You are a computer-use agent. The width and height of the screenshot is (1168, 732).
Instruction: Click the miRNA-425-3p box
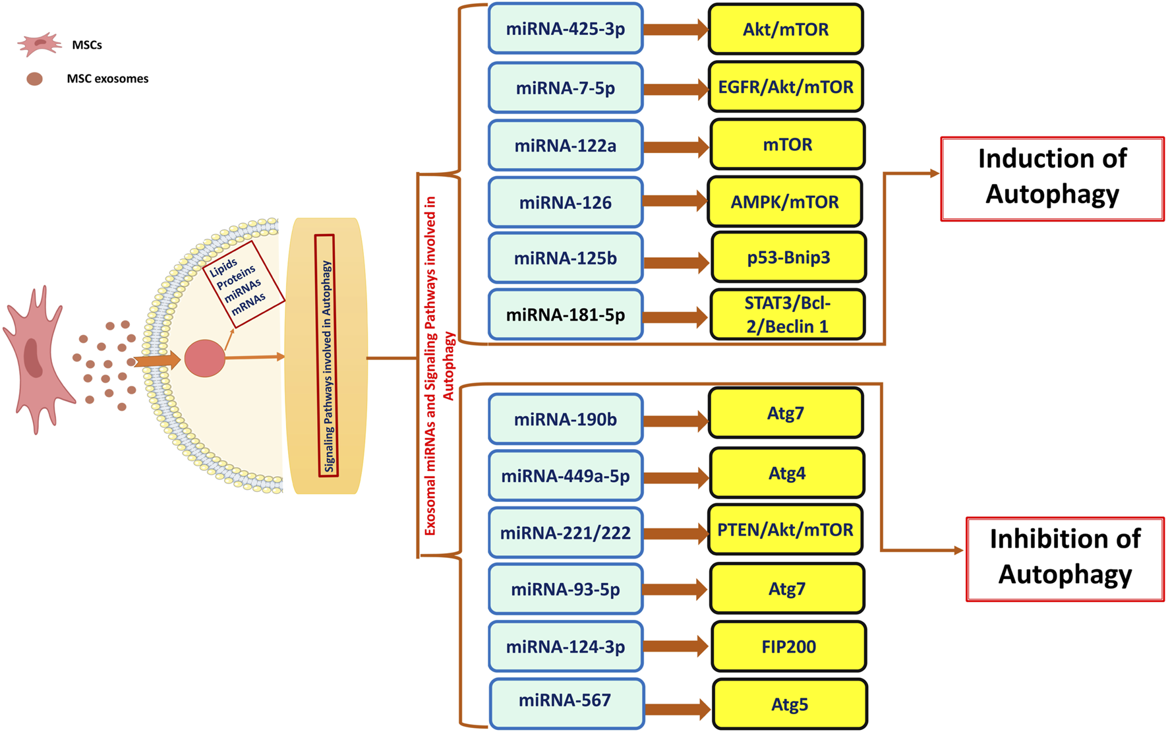(x=565, y=29)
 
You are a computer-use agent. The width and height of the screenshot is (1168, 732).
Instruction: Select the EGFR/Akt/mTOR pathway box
(x=785, y=87)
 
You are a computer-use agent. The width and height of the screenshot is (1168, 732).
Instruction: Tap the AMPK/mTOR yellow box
(x=784, y=202)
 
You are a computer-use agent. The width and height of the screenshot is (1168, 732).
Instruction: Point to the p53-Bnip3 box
(x=788, y=257)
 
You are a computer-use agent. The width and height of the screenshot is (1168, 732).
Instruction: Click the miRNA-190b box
(x=565, y=419)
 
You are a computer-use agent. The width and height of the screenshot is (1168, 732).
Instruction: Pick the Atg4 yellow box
(x=786, y=473)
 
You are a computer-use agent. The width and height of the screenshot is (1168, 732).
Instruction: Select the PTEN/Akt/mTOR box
(x=785, y=530)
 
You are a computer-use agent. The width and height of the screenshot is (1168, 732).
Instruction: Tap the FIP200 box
(x=788, y=647)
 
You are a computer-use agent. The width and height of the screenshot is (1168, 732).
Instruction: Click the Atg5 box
(x=790, y=704)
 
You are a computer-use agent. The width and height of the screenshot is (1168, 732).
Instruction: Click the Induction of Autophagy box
(x=1052, y=178)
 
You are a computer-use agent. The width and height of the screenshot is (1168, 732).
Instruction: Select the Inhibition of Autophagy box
(x=1065, y=558)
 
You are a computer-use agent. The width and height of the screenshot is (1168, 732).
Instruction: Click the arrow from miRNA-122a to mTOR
(x=676, y=146)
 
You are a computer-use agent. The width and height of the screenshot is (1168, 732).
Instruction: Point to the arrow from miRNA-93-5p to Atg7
(x=674, y=590)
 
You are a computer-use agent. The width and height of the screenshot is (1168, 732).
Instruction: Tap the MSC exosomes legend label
(x=107, y=79)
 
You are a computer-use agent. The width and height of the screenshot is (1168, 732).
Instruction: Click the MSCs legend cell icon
(x=38, y=44)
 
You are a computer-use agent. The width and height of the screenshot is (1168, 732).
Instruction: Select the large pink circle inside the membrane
(x=204, y=358)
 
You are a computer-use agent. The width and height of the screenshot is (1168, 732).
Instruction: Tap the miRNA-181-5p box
(x=565, y=315)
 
